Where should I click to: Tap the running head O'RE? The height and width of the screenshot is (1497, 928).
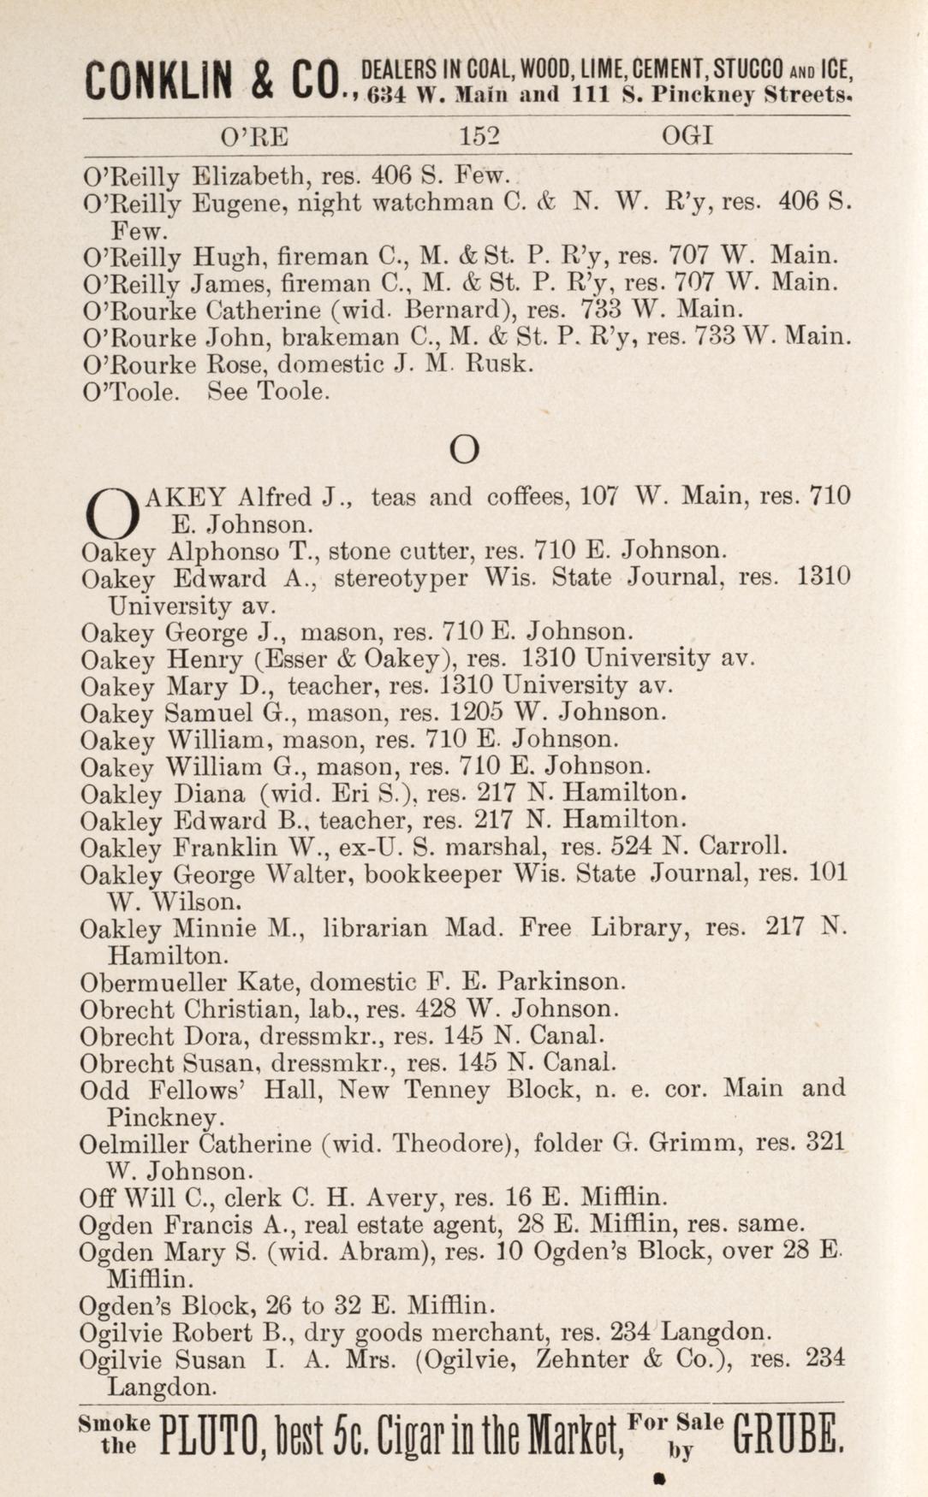pyautogui.click(x=254, y=136)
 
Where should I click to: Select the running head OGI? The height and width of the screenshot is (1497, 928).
pyautogui.click(x=687, y=136)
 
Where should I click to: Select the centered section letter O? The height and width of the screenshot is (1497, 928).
pyautogui.click(x=464, y=449)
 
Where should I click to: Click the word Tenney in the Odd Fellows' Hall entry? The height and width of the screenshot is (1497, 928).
pyautogui.click(x=449, y=1090)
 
